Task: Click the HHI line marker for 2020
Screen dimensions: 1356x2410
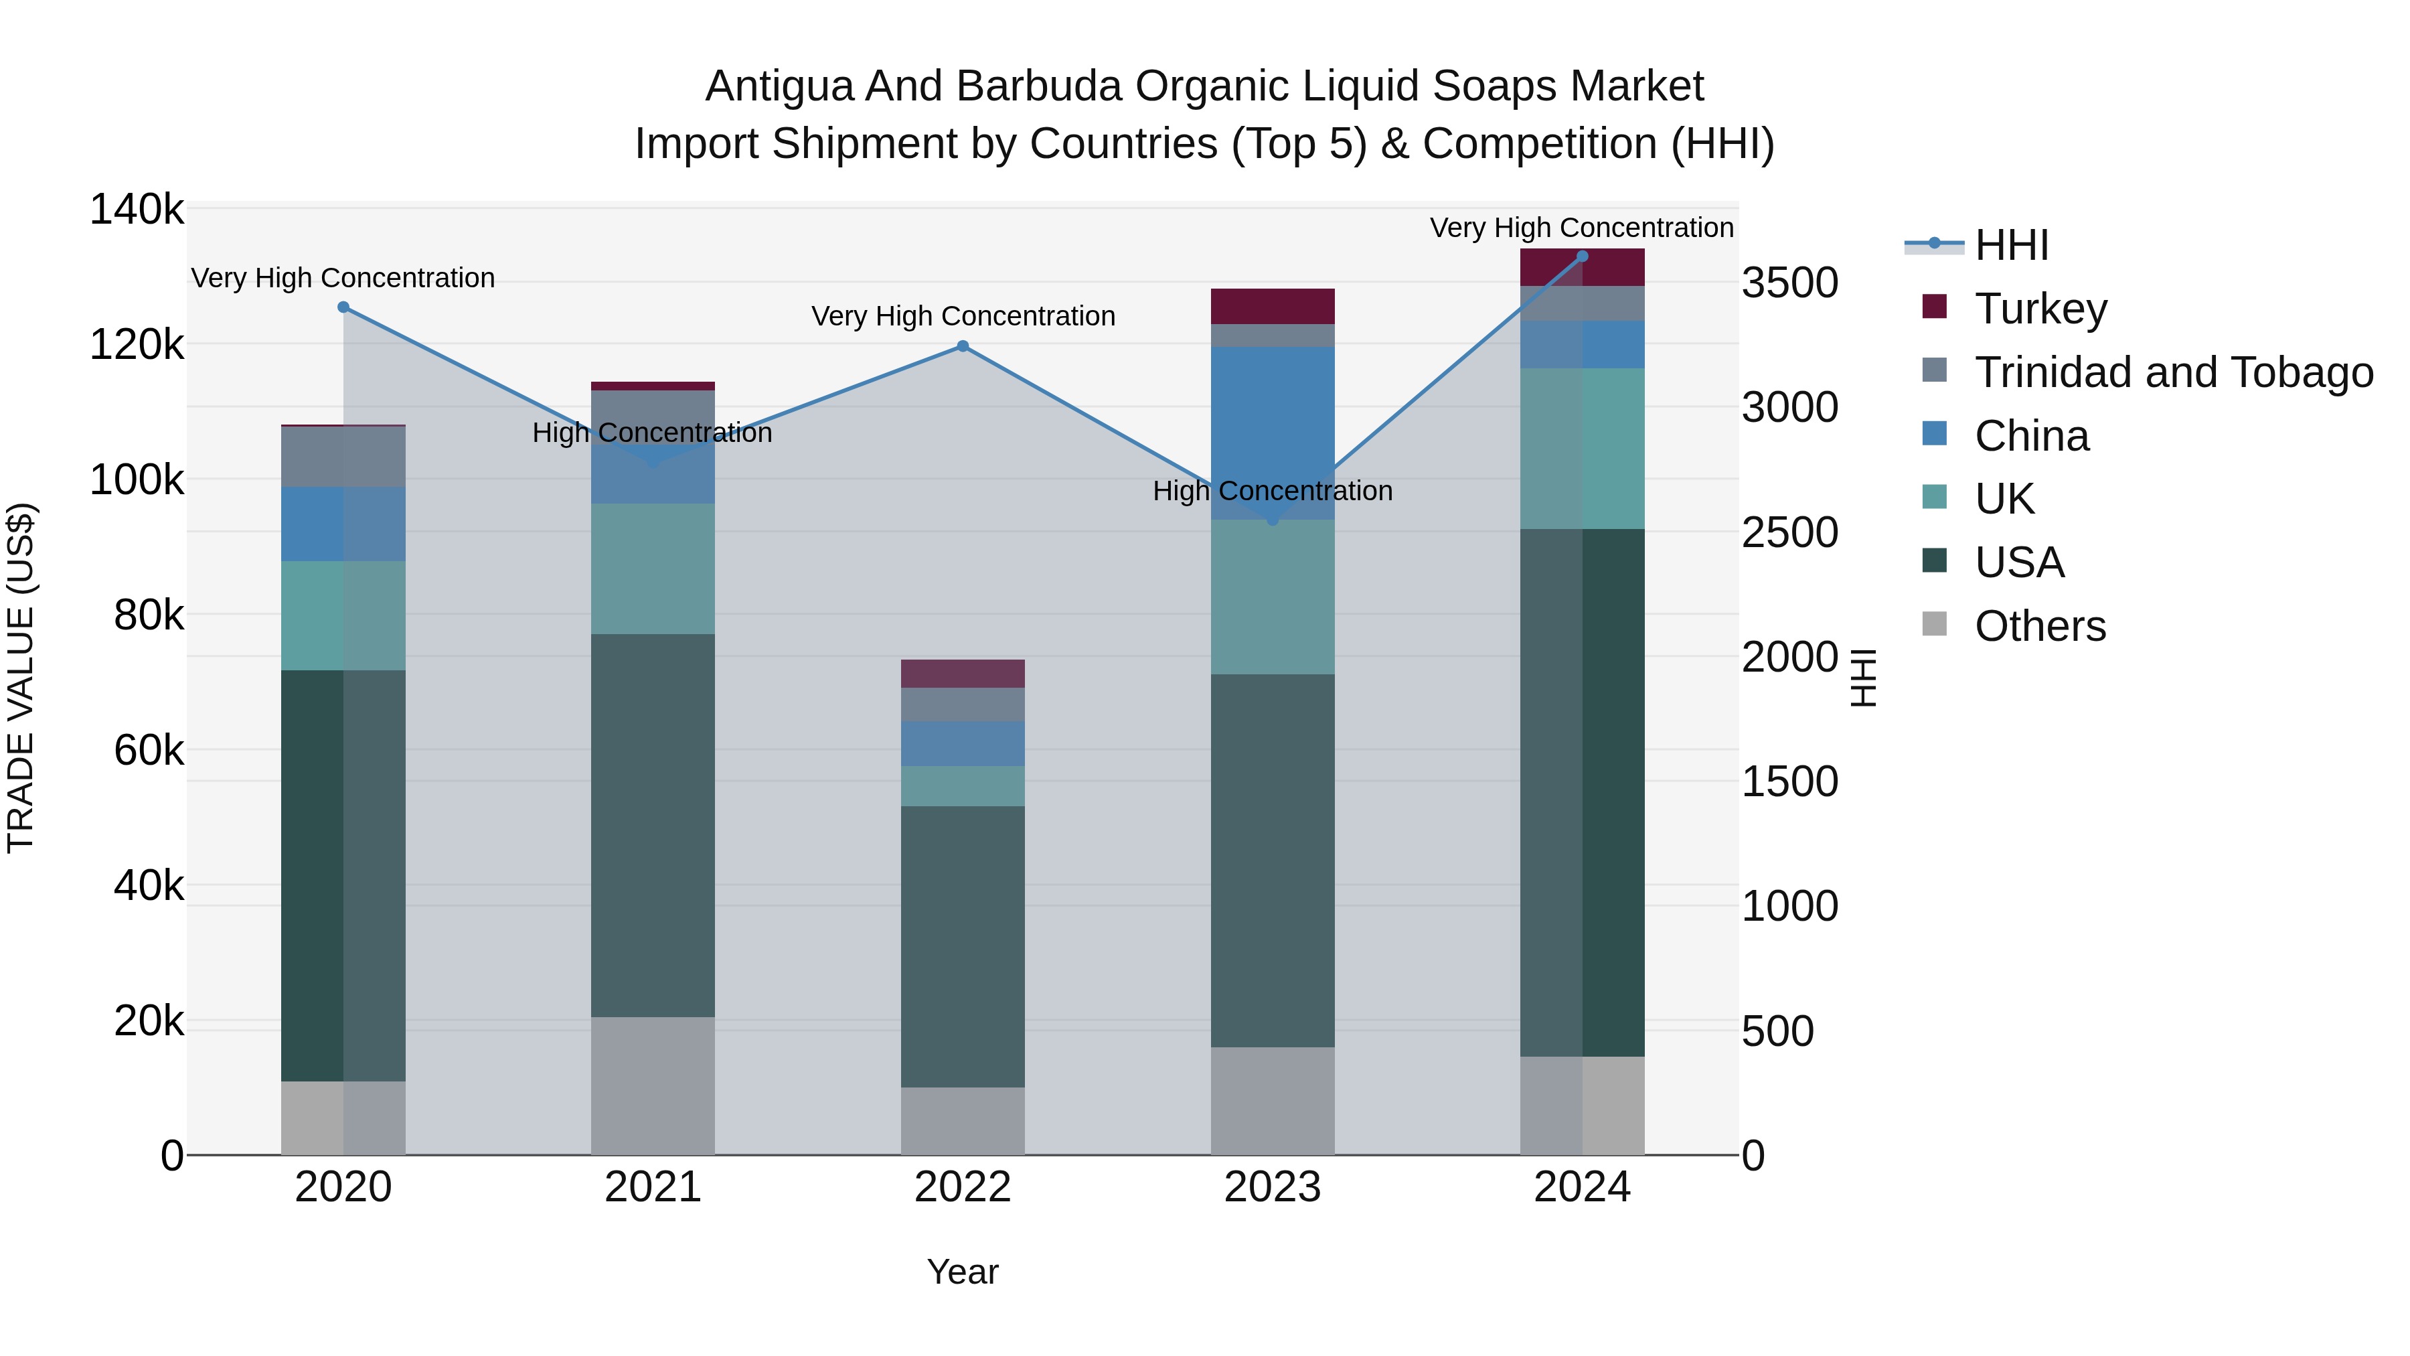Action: (343, 307)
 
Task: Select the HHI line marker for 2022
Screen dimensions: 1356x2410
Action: (963, 346)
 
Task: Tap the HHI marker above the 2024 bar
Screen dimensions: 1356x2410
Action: (1582, 256)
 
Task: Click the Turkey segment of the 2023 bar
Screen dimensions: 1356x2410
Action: (1273, 306)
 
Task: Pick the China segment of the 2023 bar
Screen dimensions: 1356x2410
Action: (1273, 431)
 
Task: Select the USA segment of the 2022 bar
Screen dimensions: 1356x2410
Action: (963, 945)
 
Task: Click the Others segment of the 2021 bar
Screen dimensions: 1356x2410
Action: (653, 1085)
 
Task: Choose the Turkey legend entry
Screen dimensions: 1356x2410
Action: (2040, 309)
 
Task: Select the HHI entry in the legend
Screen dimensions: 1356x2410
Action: (2012, 245)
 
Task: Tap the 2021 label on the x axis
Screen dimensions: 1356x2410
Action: (653, 1187)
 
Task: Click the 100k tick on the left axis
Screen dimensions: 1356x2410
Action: (137, 480)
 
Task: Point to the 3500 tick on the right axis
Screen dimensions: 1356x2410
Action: (1789, 283)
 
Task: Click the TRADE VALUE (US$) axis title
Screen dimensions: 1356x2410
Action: (21, 678)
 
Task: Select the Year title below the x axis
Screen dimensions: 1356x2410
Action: (963, 1272)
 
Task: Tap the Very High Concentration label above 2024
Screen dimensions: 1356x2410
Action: (1581, 228)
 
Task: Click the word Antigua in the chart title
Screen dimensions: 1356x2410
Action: (779, 86)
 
